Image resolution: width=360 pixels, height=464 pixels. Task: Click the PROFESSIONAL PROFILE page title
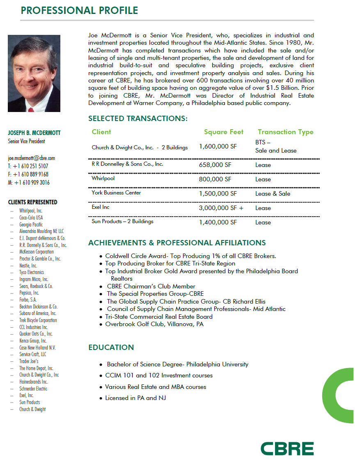tap(79, 10)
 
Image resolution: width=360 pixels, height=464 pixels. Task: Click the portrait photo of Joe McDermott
tap(34, 73)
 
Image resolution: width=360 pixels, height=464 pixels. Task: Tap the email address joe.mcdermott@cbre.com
tap(31, 158)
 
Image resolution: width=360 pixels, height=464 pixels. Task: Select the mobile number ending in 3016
tap(29, 183)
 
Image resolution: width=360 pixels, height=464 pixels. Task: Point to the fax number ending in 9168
tap(28, 174)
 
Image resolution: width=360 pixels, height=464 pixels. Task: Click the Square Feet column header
tap(224, 132)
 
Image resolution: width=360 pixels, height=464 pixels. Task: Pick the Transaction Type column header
tap(285, 132)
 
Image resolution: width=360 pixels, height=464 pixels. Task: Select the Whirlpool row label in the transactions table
tap(103, 178)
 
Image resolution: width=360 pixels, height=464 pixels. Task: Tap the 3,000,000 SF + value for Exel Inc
tap(221, 208)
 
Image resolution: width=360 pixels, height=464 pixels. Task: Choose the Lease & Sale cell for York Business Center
tap(273, 194)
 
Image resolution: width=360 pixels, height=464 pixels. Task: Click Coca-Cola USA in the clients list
tap(31, 217)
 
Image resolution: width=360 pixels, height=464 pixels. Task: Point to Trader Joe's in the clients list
tap(29, 361)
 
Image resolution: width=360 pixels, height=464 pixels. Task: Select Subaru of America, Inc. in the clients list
tap(38, 313)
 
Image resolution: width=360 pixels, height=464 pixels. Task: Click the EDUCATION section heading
tap(111, 347)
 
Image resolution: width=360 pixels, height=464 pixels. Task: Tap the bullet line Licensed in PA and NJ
tap(135, 398)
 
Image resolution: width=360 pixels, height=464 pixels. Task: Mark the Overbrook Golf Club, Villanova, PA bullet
tap(154, 324)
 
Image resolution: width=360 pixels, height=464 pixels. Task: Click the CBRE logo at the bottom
tap(287, 448)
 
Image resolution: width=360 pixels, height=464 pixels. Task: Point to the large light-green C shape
tap(339, 395)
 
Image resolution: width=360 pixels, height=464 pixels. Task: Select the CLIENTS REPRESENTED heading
tap(32, 202)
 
